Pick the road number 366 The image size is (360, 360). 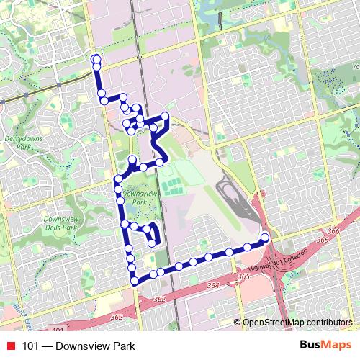point(333,231)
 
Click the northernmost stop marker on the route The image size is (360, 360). point(96,58)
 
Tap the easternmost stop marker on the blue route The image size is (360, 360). point(264,238)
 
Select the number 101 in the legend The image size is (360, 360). point(31,346)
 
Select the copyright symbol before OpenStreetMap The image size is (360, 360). point(238,323)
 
